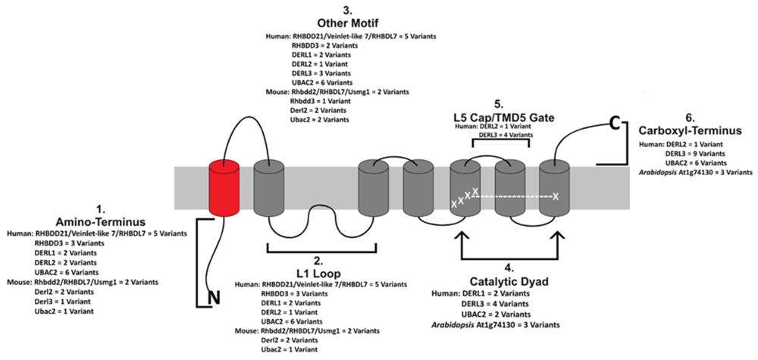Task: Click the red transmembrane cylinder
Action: tap(225, 186)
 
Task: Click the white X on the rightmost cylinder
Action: tap(556, 196)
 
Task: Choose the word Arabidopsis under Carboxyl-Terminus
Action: tap(662, 173)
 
